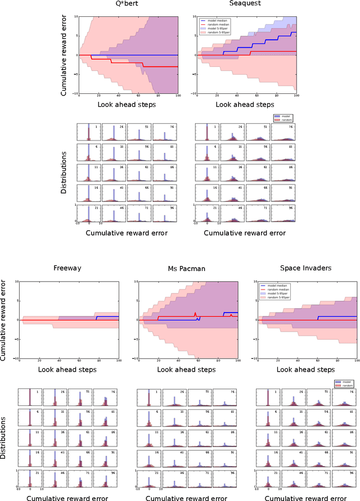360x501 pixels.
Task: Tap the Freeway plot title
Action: [x=67, y=268]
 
